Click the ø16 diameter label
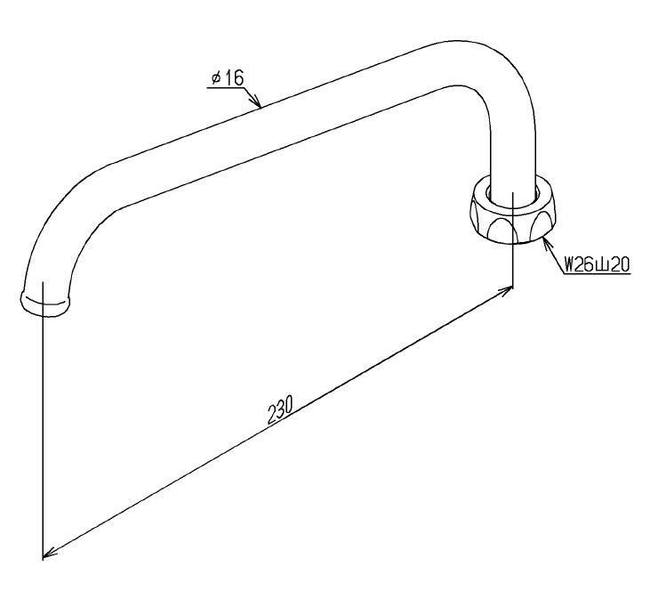click(229, 78)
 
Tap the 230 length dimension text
click(280, 410)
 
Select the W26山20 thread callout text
click(597, 264)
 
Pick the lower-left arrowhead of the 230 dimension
click(50, 553)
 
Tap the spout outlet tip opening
click(44, 303)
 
